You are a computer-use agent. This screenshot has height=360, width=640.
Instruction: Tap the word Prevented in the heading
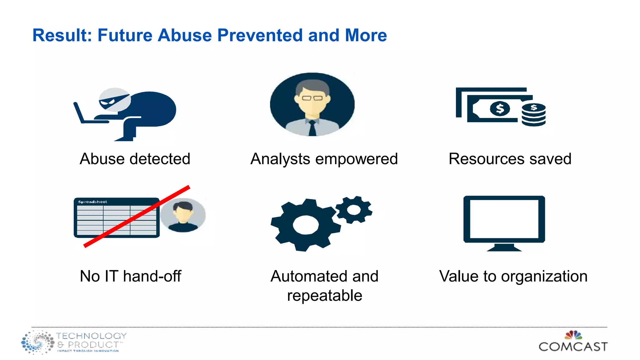click(x=260, y=35)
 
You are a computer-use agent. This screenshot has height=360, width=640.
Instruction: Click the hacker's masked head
click(x=114, y=99)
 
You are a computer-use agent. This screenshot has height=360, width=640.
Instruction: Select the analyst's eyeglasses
click(x=312, y=98)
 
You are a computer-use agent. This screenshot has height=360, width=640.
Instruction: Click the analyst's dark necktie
click(x=312, y=128)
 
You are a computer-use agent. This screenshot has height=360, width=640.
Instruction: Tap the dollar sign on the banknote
click(x=500, y=109)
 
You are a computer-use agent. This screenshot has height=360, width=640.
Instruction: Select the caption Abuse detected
click(x=135, y=159)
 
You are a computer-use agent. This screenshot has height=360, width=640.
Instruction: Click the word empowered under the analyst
click(x=357, y=159)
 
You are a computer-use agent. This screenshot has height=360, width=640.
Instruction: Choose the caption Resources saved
click(x=510, y=159)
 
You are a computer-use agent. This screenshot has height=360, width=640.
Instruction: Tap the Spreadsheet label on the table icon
click(x=92, y=202)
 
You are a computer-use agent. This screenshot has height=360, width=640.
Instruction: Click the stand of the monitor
click(x=504, y=247)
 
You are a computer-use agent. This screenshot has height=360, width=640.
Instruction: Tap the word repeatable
click(x=324, y=296)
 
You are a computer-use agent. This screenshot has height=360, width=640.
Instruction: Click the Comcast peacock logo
click(x=573, y=335)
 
